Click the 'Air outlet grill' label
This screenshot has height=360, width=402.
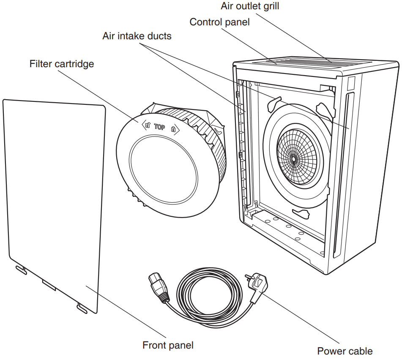click(250, 6)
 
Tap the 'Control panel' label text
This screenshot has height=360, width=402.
click(219, 22)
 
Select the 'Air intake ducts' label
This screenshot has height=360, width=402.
click(137, 36)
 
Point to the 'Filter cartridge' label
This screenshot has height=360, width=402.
click(62, 64)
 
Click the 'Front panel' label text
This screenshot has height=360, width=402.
click(168, 345)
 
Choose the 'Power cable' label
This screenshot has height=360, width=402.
click(345, 351)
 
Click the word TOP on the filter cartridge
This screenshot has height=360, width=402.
click(159, 127)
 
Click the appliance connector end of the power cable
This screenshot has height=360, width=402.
click(157, 288)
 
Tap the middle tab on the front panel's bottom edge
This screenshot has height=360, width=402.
click(49, 285)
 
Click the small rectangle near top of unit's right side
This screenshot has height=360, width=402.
click(349, 85)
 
